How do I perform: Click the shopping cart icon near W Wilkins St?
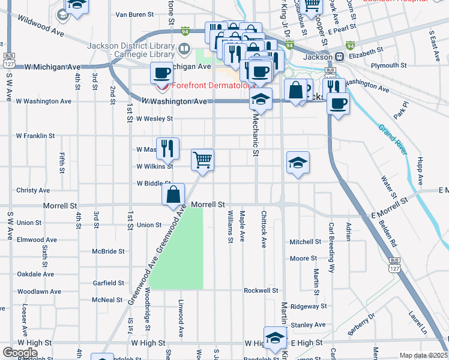pos(203,160)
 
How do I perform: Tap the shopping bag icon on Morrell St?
pos(173,194)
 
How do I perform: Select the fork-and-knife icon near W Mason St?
pos(167,148)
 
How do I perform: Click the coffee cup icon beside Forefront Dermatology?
pos(161,73)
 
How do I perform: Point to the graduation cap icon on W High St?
pos(274,337)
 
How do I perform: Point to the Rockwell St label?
pos(261,290)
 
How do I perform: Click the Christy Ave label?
pos(33,190)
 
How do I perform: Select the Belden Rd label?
pos(388,233)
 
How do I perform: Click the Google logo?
pos(20,352)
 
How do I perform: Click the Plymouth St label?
pos(388,65)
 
